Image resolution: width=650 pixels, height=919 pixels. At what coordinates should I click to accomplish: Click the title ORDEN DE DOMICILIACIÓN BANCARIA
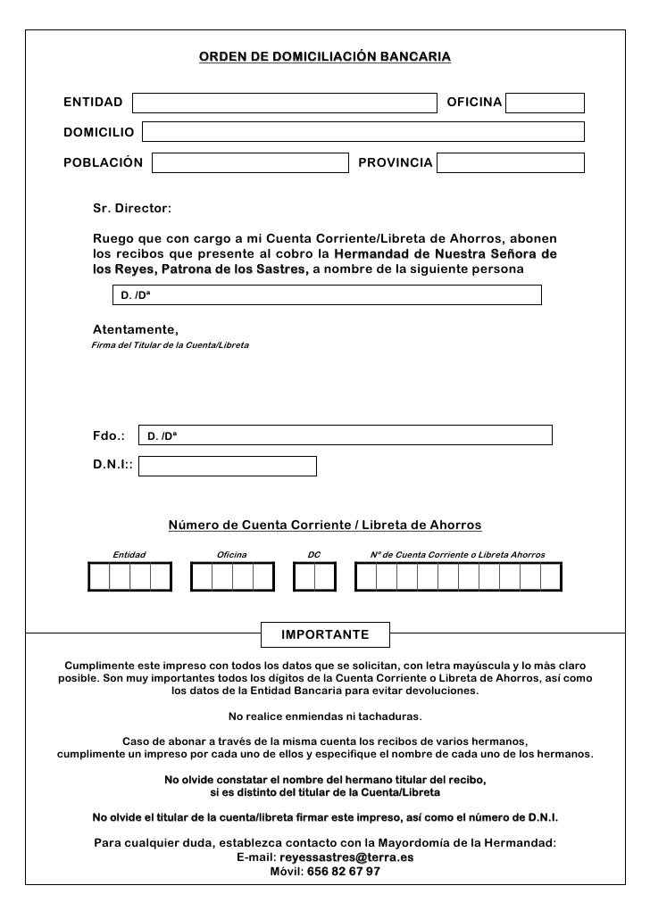[x=325, y=58]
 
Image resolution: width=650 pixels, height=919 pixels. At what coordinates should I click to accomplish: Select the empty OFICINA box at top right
[x=545, y=103]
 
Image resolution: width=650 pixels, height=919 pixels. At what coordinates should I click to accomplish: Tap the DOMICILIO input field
[x=362, y=132]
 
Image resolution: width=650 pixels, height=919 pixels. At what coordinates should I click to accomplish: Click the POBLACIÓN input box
[x=249, y=163]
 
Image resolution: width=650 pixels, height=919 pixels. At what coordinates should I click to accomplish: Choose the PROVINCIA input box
[x=511, y=163]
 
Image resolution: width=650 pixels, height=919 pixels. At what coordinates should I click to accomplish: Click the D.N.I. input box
[x=229, y=466]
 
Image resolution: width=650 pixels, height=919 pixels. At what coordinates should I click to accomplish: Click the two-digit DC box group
[x=314, y=578]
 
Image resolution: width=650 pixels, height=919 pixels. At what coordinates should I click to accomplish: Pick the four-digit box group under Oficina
[x=232, y=578]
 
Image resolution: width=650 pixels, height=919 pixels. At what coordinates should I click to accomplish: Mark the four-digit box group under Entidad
[x=129, y=578]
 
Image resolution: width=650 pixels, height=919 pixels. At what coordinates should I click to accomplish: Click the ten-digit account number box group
[x=458, y=578]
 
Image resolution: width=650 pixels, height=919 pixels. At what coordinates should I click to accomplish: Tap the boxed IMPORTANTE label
[x=325, y=634]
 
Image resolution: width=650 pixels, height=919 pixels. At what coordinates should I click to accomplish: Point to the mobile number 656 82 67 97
[x=344, y=871]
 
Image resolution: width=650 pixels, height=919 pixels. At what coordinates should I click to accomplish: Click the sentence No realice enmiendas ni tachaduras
[x=325, y=716]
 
